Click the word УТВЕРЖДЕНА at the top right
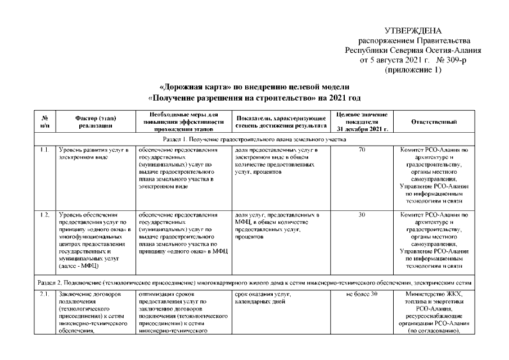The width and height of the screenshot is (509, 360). (x=413, y=31)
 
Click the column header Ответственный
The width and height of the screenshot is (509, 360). (x=433, y=121)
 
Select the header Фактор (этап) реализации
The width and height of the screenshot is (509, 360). (x=94, y=121)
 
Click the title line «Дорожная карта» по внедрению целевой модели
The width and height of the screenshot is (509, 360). (x=254, y=87)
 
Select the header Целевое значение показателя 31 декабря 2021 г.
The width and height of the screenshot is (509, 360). (x=362, y=121)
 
